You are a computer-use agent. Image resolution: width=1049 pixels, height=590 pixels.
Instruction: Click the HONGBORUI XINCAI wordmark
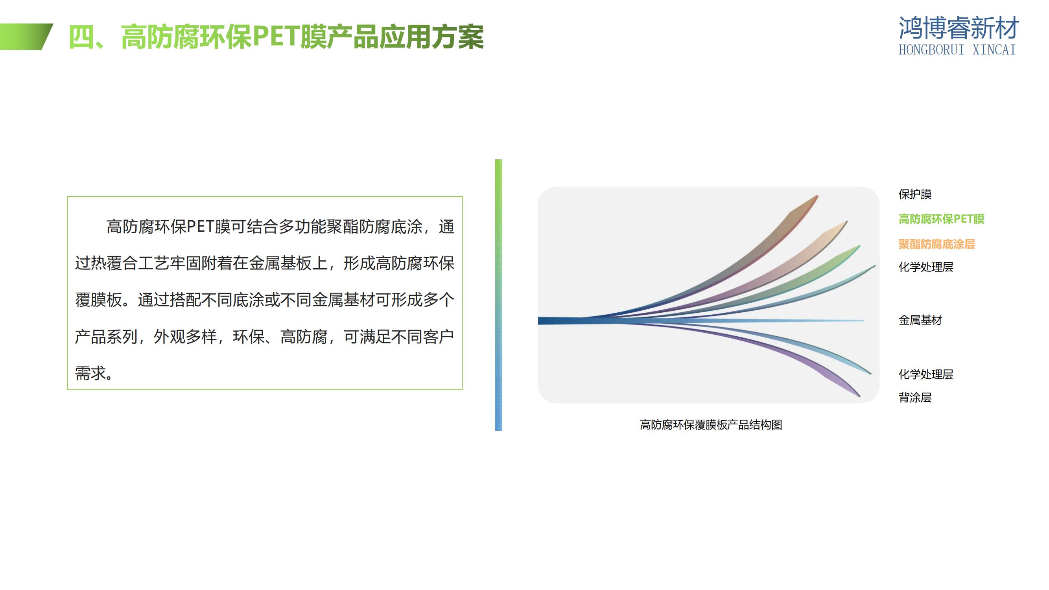tap(957, 50)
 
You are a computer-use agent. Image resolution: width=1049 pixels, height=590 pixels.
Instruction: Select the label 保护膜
tap(915, 194)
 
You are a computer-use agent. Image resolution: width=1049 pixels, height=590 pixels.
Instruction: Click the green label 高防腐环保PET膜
tap(942, 219)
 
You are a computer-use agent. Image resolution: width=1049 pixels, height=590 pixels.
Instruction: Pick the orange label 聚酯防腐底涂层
tap(937, 244)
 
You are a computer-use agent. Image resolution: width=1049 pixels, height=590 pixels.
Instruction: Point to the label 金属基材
tap(920, 320)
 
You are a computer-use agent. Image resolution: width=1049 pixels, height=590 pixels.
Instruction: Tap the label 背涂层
tap(915, 397)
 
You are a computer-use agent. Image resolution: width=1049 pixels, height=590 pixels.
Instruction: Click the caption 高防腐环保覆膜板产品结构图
tap(711, 425)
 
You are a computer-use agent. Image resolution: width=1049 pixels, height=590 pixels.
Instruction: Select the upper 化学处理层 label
tap(926, 267)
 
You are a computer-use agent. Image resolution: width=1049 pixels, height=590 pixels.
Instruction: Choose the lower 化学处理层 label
tap(926, 374)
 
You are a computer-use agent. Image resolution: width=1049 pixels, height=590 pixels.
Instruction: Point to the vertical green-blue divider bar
tap(498, 295)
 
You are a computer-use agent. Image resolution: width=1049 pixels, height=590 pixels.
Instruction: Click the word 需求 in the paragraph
tap(90, 373)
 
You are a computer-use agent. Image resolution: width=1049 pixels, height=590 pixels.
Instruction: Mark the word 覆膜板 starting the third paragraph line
tap(98, 300)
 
